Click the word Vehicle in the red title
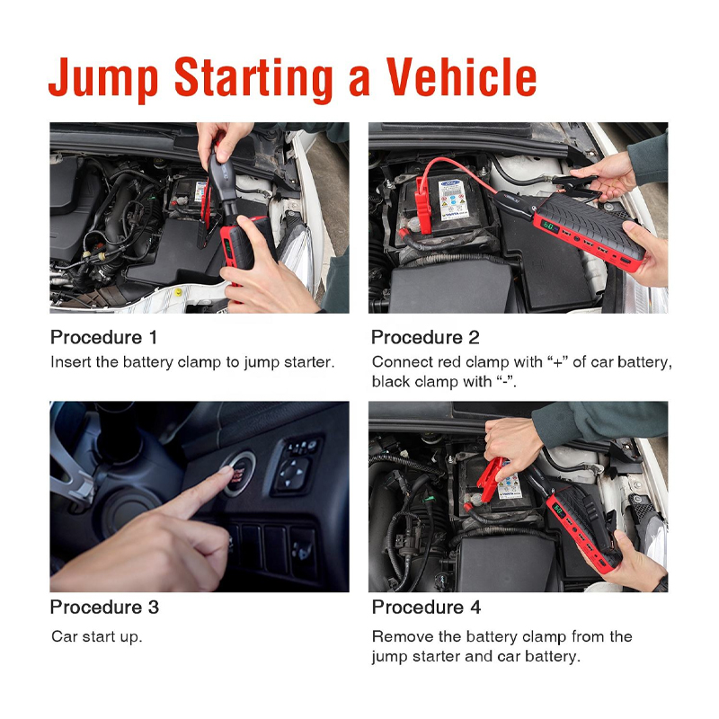(461, 77)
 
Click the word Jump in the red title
(103, 80)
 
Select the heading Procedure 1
(103, 338)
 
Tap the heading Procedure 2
(425, 338)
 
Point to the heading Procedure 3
(104, 608)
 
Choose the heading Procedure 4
(426, 608)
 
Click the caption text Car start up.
(97, 637)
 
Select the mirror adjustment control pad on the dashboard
(292, 472)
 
